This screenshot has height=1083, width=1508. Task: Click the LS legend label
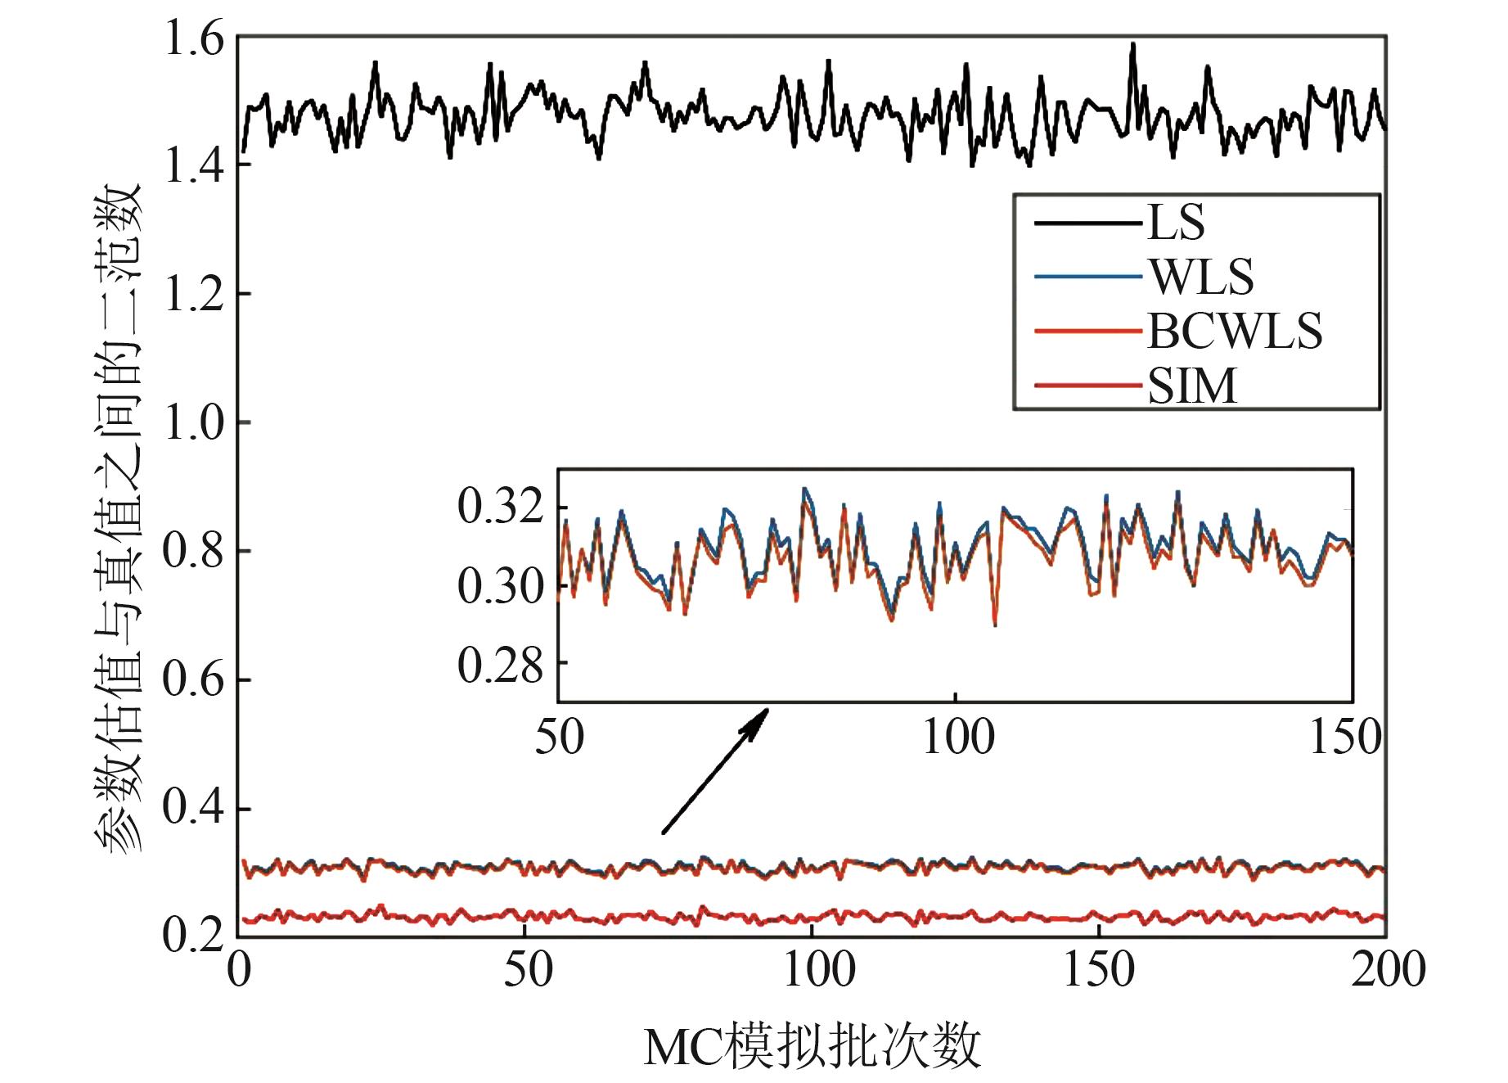pos(1176,222)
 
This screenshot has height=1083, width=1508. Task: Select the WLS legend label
pos(1201,277)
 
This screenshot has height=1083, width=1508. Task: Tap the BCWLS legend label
pos(1234,331)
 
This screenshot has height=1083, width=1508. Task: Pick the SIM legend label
pos(1192,386)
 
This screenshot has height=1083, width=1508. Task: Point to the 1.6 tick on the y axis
pos(194,38)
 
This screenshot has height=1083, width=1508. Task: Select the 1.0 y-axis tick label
pos(194,423)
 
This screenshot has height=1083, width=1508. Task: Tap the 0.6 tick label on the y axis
pos(194,680)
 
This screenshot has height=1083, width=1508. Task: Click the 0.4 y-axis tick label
pos(194,808)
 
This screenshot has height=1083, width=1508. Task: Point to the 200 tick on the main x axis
pos(1388,970)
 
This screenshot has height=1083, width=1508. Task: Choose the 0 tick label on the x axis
pos(239,970)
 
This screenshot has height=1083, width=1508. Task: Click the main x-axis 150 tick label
pos(1098,970)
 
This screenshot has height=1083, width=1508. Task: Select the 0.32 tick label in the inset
pos(500,506)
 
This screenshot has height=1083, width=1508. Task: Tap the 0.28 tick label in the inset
pos(500,665)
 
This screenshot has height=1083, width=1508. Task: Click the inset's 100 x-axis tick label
pos(957,737)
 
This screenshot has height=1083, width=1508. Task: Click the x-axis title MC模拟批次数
pos(812,1047)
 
